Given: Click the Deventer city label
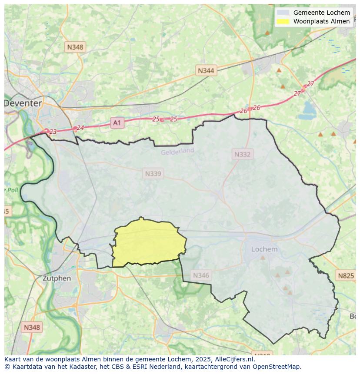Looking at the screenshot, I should (23, 103).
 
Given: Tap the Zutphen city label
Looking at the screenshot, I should (57, 278).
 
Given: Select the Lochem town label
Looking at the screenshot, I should (264, 249).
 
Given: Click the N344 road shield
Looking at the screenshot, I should (206, 70).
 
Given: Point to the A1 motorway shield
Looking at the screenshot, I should (117, 123).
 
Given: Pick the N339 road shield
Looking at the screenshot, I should (153, 174).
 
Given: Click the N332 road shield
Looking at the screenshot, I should (242, 154).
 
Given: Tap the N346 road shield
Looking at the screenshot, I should (201, 275).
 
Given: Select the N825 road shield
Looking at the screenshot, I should (346, 275).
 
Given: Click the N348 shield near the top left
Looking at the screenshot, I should (75, 47).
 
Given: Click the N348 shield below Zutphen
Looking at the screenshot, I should (32, 328).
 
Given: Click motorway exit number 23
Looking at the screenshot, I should (53, 132).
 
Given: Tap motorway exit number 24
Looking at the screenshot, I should (80, 128).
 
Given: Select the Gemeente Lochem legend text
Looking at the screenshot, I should (321, 13).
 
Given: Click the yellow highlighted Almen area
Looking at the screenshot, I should (148, 243).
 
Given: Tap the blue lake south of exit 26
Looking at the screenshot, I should (310, 107).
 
